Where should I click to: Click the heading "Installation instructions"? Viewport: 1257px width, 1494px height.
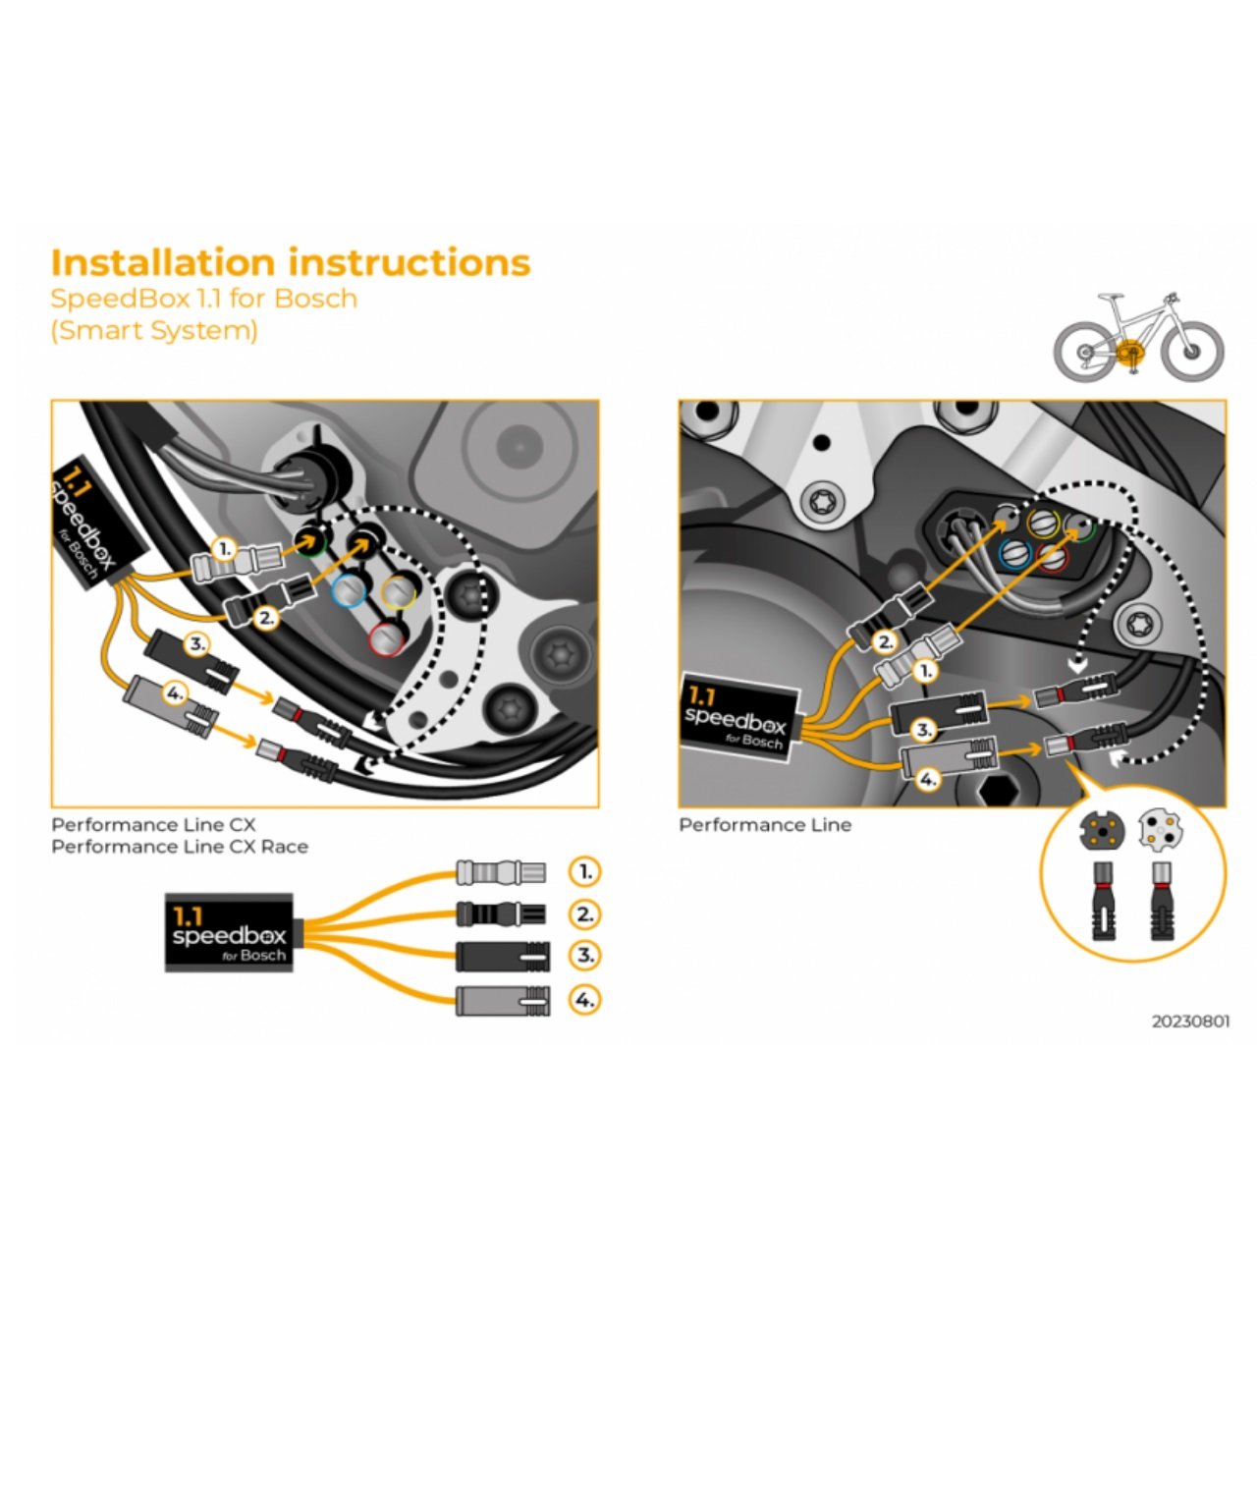point(290,263)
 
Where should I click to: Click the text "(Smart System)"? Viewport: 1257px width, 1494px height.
point(154,331)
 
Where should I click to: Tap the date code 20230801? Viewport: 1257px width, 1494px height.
point(1190,1022)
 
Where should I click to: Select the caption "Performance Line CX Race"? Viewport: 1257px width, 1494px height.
point(180,847)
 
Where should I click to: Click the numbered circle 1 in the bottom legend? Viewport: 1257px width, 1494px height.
point(584,871)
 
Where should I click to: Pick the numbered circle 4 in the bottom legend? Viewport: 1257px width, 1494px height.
point(584,1000)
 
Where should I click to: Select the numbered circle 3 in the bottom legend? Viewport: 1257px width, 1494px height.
point(584,955)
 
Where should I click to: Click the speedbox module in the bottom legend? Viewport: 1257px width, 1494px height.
point(230,933)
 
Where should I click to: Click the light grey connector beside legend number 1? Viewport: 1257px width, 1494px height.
point(500,871)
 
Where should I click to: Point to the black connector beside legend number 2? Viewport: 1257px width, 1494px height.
point(500,914)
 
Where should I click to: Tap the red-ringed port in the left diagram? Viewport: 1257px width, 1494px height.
point(387,639)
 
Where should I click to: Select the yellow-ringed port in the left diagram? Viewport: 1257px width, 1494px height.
point(398,591)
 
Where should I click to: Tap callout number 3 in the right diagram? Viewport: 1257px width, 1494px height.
point(923,730)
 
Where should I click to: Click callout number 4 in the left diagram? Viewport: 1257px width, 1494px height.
point(174,693)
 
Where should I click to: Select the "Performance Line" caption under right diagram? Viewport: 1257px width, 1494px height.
point(765,825)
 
